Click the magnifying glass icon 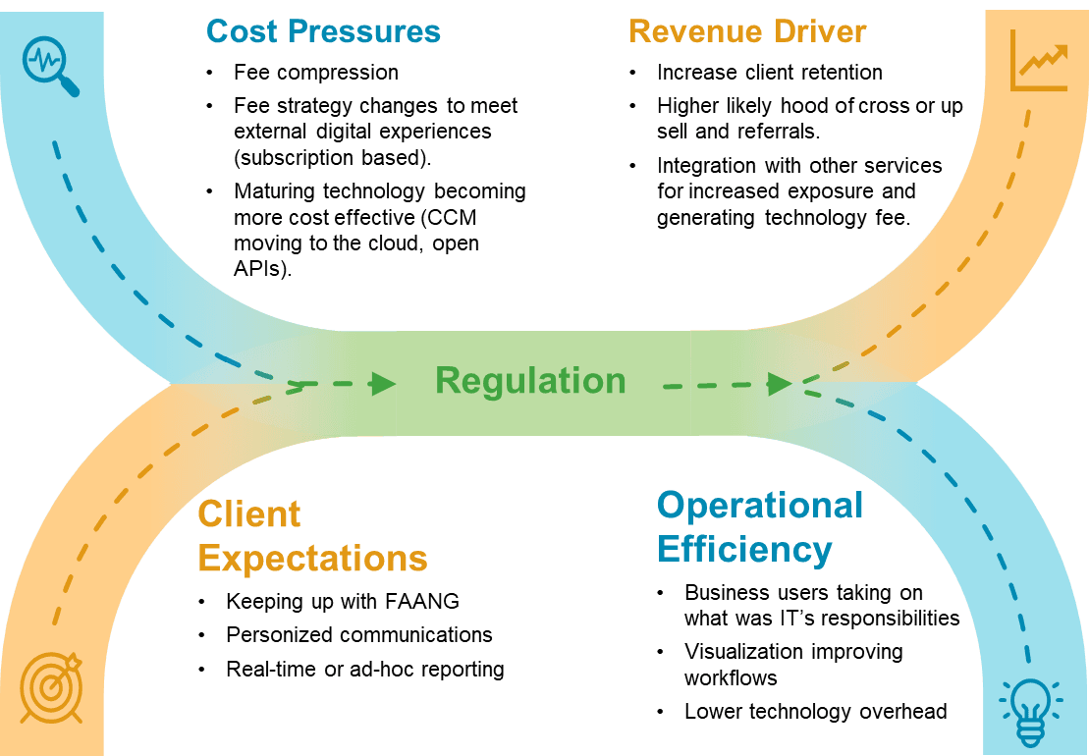[49, 66]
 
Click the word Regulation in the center [530, 381]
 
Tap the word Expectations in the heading [312, 558]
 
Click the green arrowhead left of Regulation [382, 383]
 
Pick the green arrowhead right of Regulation [779, 383]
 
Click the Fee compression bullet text [316, 73]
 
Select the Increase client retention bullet [770, 73]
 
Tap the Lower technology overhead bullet [815, 712]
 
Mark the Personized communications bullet [359, 634]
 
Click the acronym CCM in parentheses [454, 216]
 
